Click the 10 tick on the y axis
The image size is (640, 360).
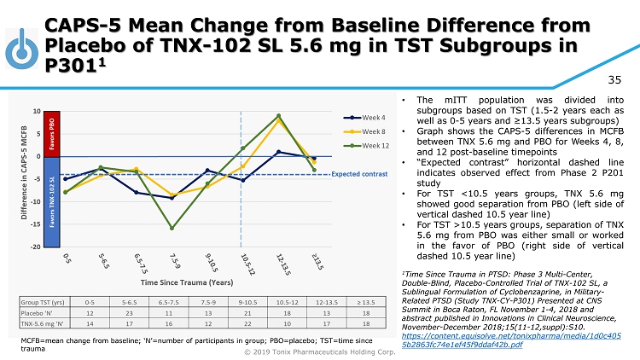click(36, 111)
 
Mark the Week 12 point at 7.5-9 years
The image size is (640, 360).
click(172, 229)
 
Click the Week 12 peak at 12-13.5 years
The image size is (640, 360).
click(278, 116)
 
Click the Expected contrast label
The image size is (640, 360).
click(352, 174)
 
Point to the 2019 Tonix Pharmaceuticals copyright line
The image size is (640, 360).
click(320, 351)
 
